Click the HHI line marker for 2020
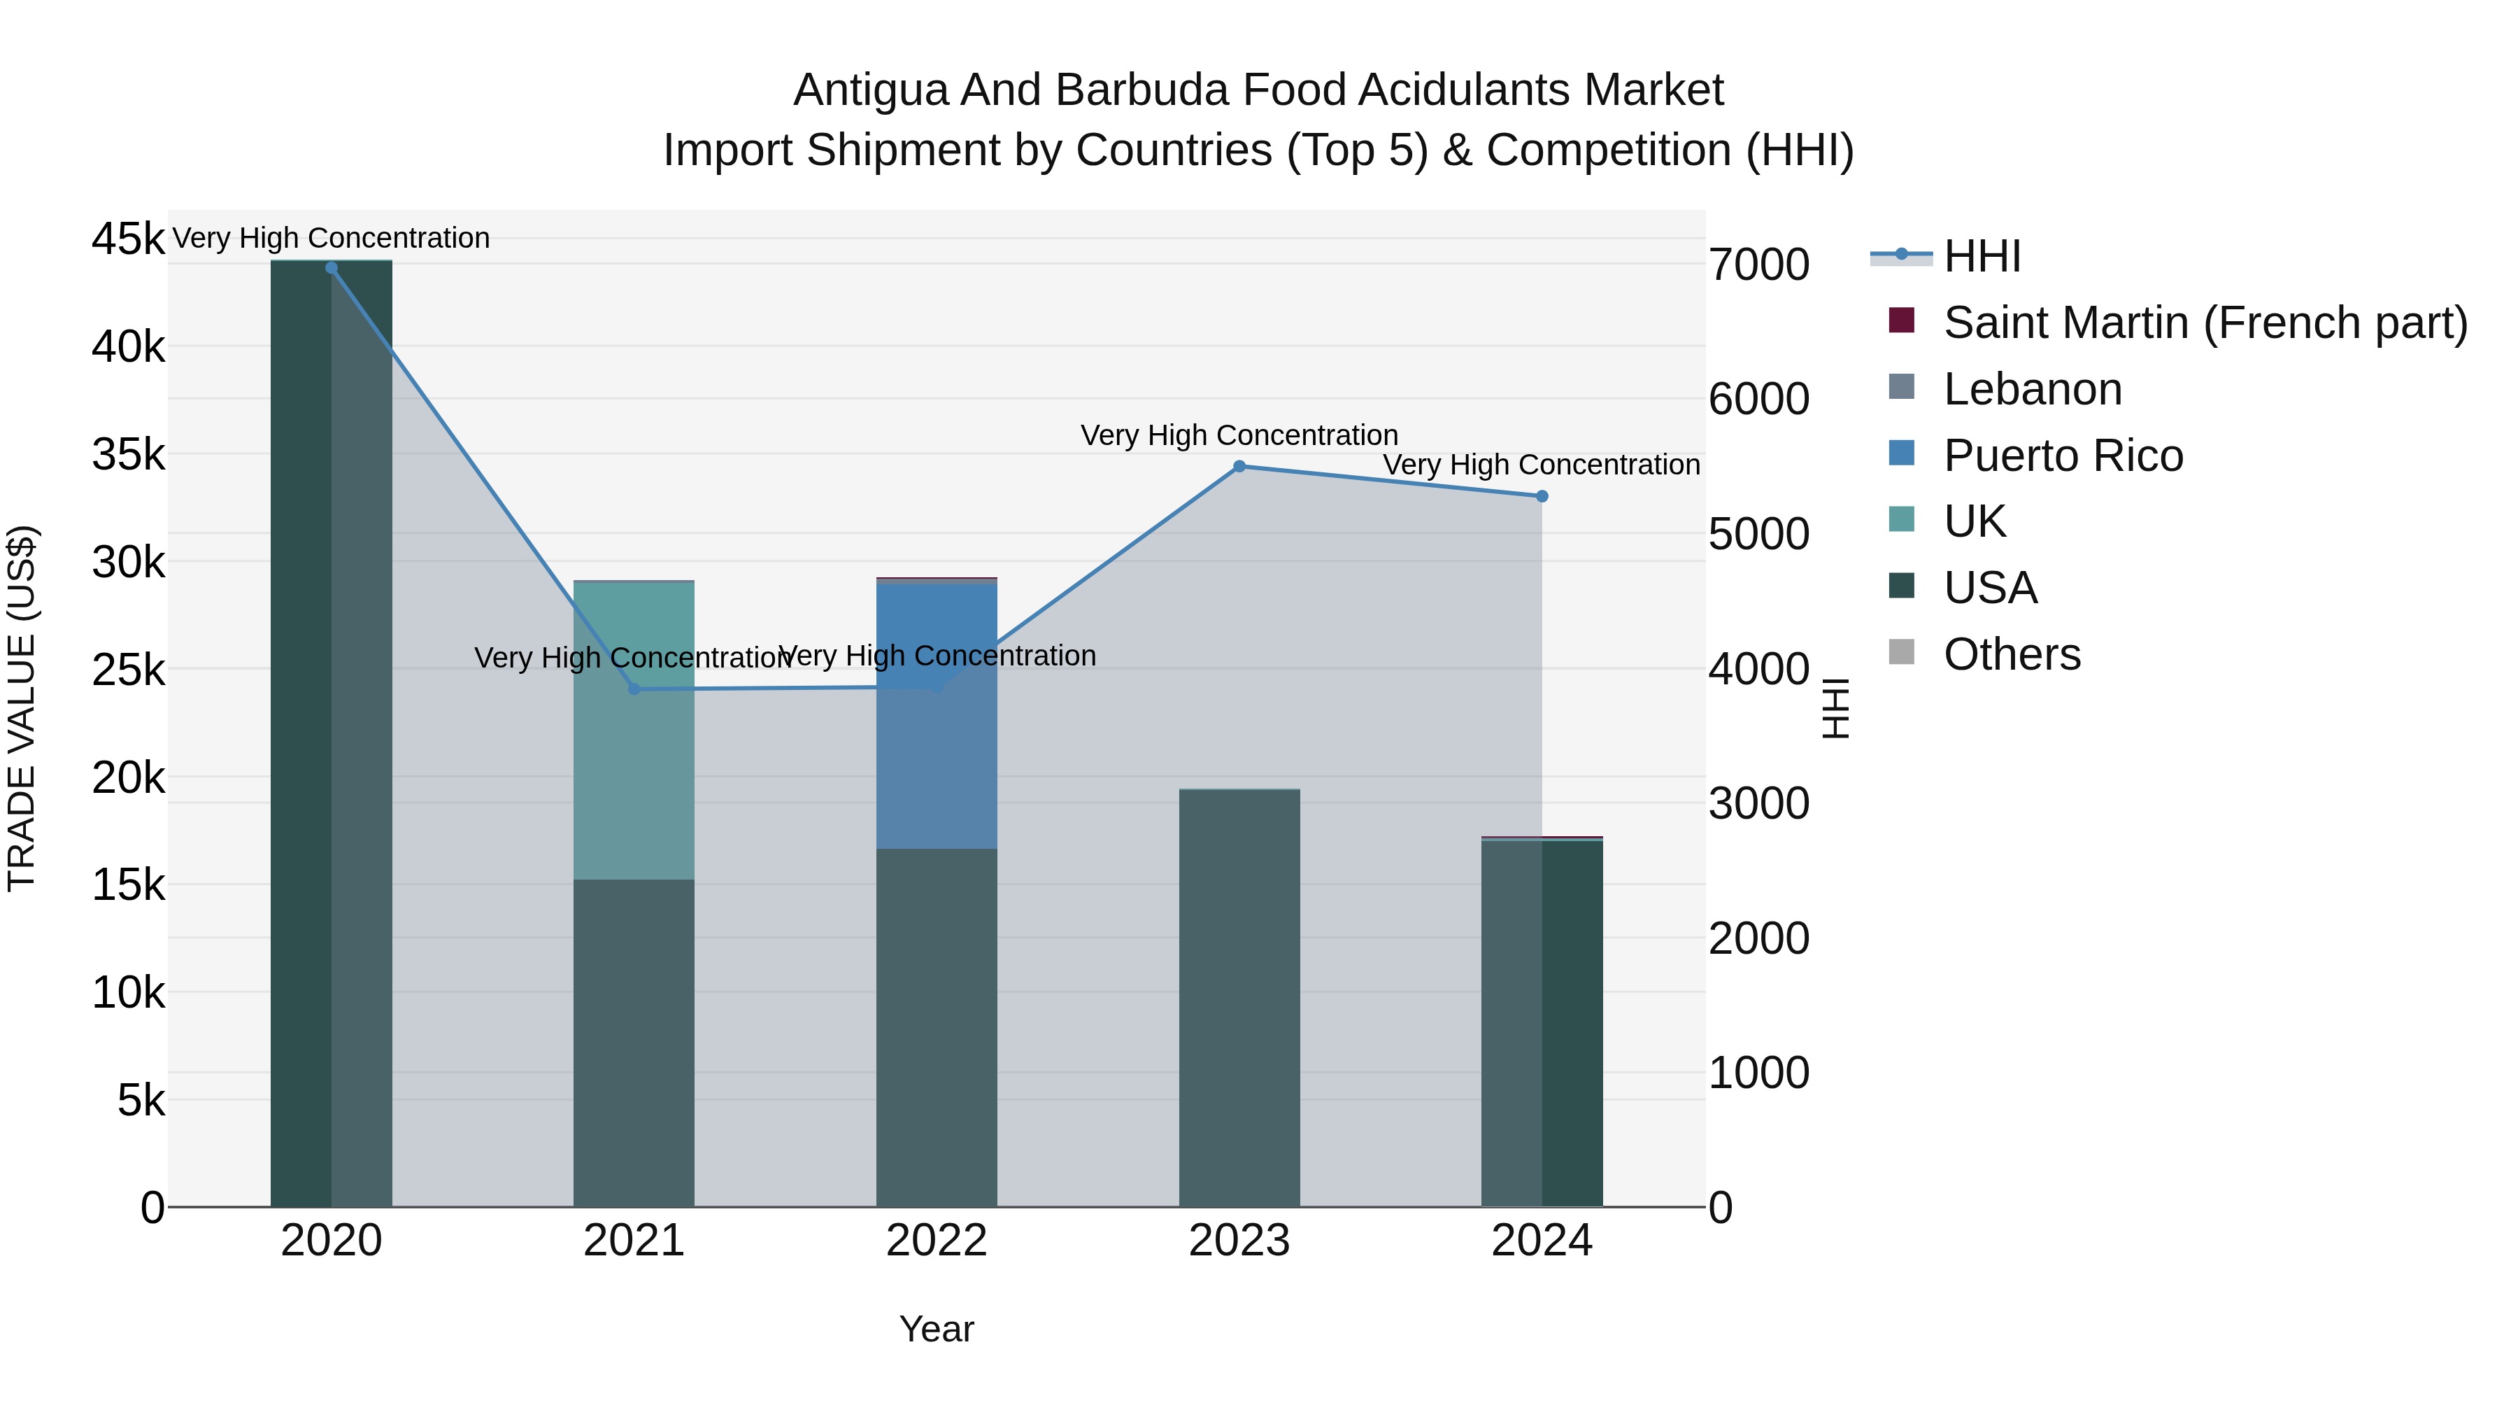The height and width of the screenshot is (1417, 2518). (332, 268)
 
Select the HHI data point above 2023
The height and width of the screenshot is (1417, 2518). (1239, 467)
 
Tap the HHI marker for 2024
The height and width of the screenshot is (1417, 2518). (1542, 497)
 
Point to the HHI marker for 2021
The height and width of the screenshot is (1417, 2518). (634, 689)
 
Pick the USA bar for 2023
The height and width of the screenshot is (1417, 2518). (1239, 997)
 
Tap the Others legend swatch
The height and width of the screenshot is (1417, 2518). (1901, 652)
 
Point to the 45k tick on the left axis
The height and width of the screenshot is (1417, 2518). (128, 239)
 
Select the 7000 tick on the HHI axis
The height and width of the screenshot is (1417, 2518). (1758, 265)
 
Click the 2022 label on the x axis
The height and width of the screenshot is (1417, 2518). (937, 1241)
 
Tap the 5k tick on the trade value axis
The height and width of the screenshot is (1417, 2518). (141, 1101)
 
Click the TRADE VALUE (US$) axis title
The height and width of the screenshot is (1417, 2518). (22, 708)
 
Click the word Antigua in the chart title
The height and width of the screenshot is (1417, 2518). (870, 90)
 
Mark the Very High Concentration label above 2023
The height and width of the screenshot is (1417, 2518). (1239, 435)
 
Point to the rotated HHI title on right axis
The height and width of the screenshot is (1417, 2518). (1837, 708)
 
